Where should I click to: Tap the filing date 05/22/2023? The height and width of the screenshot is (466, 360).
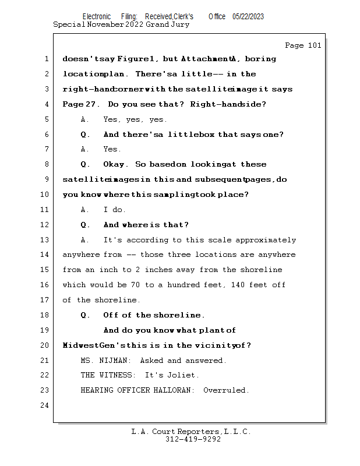(x=248, y=17)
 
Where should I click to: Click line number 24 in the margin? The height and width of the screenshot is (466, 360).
(x=45, y=405)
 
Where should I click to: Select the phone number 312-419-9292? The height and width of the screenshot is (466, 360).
(x=193, y=440)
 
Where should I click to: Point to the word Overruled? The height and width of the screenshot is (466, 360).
(x=226, y=390)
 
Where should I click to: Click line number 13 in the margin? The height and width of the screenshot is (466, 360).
(x=45, y=240)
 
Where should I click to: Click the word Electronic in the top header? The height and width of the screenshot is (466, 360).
(x=97, y=17)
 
